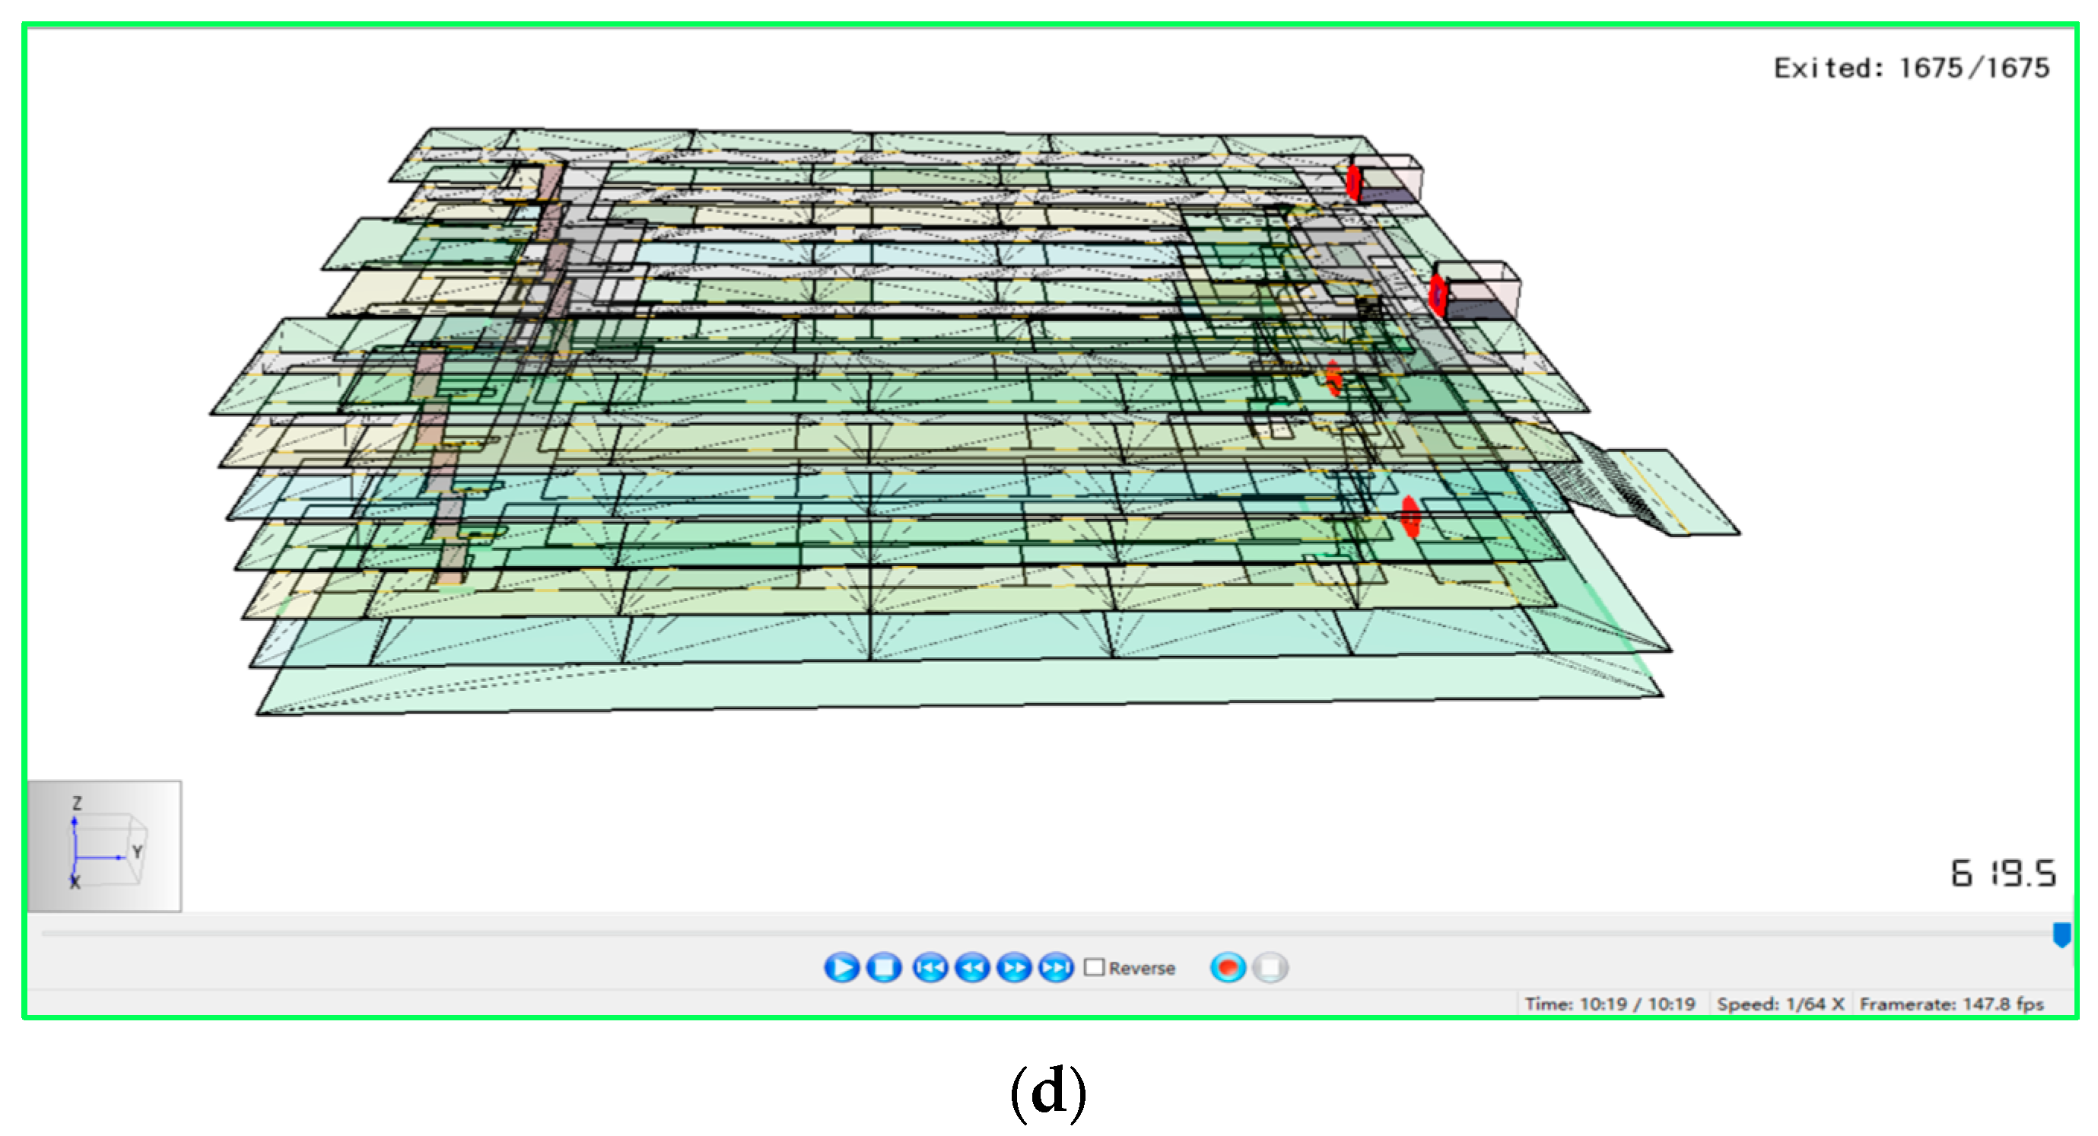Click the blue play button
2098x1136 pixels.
(841, 967)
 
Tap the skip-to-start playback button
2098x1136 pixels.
(930, 967)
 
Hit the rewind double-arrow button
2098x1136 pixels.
(971, 967)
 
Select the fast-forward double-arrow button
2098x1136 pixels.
(1014, 967)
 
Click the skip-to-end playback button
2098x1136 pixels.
(1057, 967)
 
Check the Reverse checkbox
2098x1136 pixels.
(1095, 967)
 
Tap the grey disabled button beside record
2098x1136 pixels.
(1270, 967)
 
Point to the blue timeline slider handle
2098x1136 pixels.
(2061, 934)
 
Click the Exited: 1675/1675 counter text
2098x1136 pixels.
(1911, 68)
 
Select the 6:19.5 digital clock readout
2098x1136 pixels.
(2003, 873)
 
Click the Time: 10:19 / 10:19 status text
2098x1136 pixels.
(1610, 1003)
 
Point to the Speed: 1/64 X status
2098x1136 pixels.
(1780, 1003)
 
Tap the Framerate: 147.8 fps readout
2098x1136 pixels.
(1951, 1003)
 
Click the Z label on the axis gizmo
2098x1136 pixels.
(77, 803)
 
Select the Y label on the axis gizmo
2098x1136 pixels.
(137, 851)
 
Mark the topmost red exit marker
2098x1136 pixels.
(1353, 183)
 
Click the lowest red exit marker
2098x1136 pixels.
(1410, 517)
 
